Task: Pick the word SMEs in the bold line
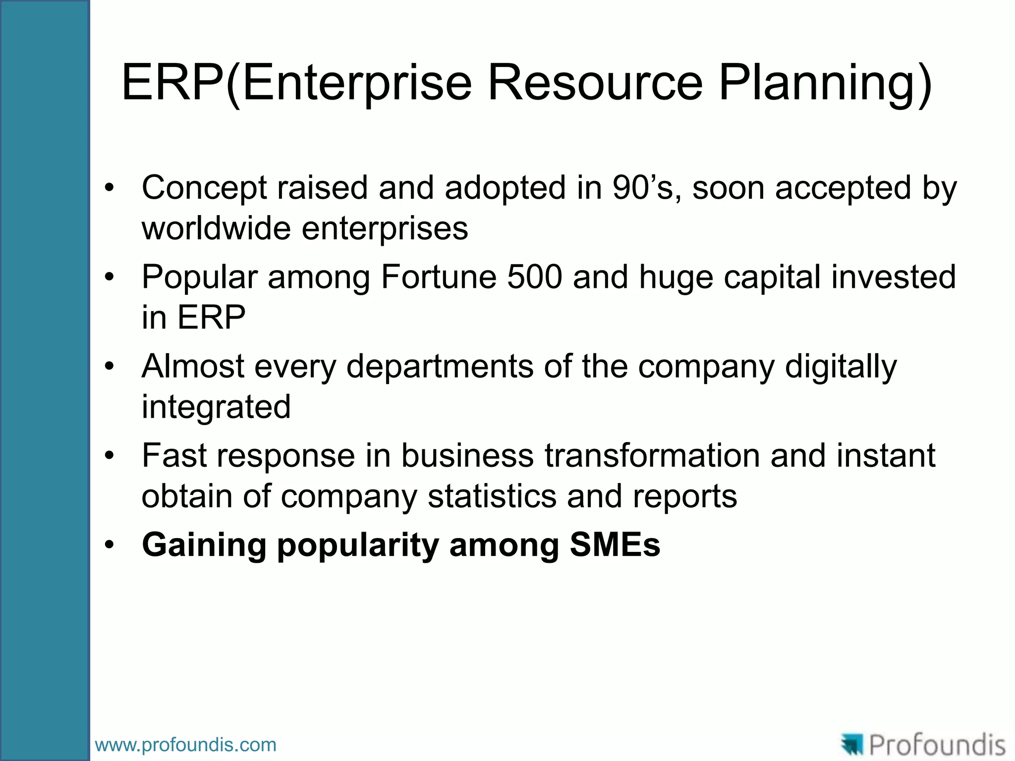[615, 545]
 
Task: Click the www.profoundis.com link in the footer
[185, 745]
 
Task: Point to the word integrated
[216, 407]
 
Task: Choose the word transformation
[652, 455]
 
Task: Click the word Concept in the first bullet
[204, 188]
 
